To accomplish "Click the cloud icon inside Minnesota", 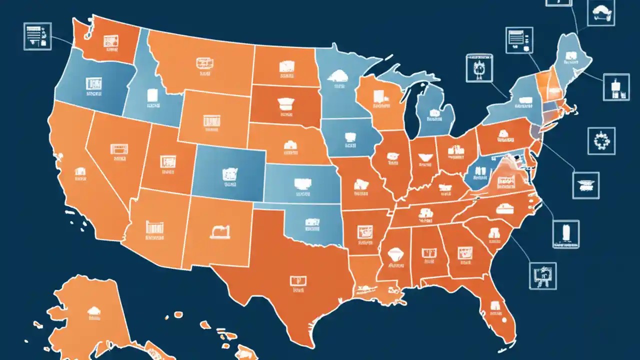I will point(337,75).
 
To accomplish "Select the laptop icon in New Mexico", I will point(220,231).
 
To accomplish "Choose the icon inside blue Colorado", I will point(229,173).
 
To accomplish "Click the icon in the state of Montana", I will point(203,63).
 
